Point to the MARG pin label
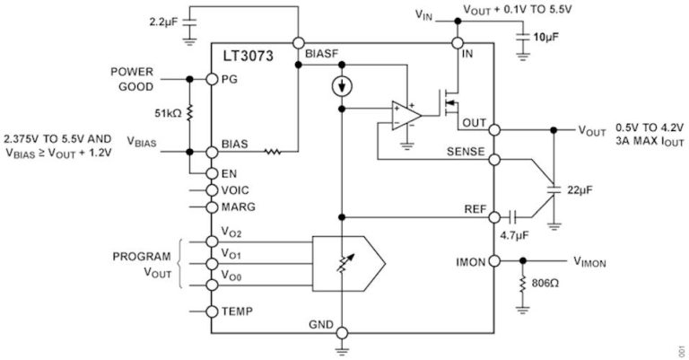[238, 206]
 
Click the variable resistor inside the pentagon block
[341, 260]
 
